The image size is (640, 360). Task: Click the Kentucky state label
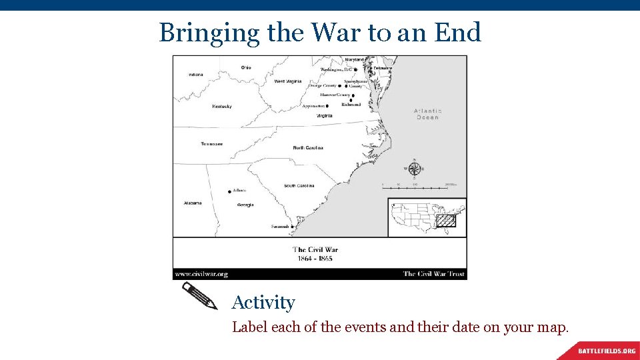pyautogui.click(x=222, y=107)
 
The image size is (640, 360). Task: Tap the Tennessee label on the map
pyautogui.click(x=211, y=144)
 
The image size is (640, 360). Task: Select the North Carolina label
pyautogui.click(x=308, y=147)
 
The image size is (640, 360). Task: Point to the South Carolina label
pyautogui.click(x=299, y=186)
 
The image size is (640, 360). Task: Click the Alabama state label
pyautogui.click(x=193, y=203)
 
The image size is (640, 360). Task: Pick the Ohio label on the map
pyautogui.click(x=246, y=67)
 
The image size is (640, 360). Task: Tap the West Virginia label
pyautogui.click(x=288, y=81)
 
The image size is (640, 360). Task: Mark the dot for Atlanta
pyautogui.click(x=230, y=191)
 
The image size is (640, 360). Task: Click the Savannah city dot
pyautogui.click(x=293, y=227)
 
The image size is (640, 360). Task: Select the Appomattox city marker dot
pyautogui.click(x=327, y=106)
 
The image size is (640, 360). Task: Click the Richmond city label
pyautogui.click(x=351, y=105)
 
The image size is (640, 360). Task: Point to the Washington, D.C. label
pyautogui.click(x=336, y=69)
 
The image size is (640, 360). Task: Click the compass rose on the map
pyautogui.click(x=415, y=169)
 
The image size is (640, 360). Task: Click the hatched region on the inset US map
pyautogui.click(x=446, y=220)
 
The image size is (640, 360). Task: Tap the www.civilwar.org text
pyautogui.click(x=201, y=274)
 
